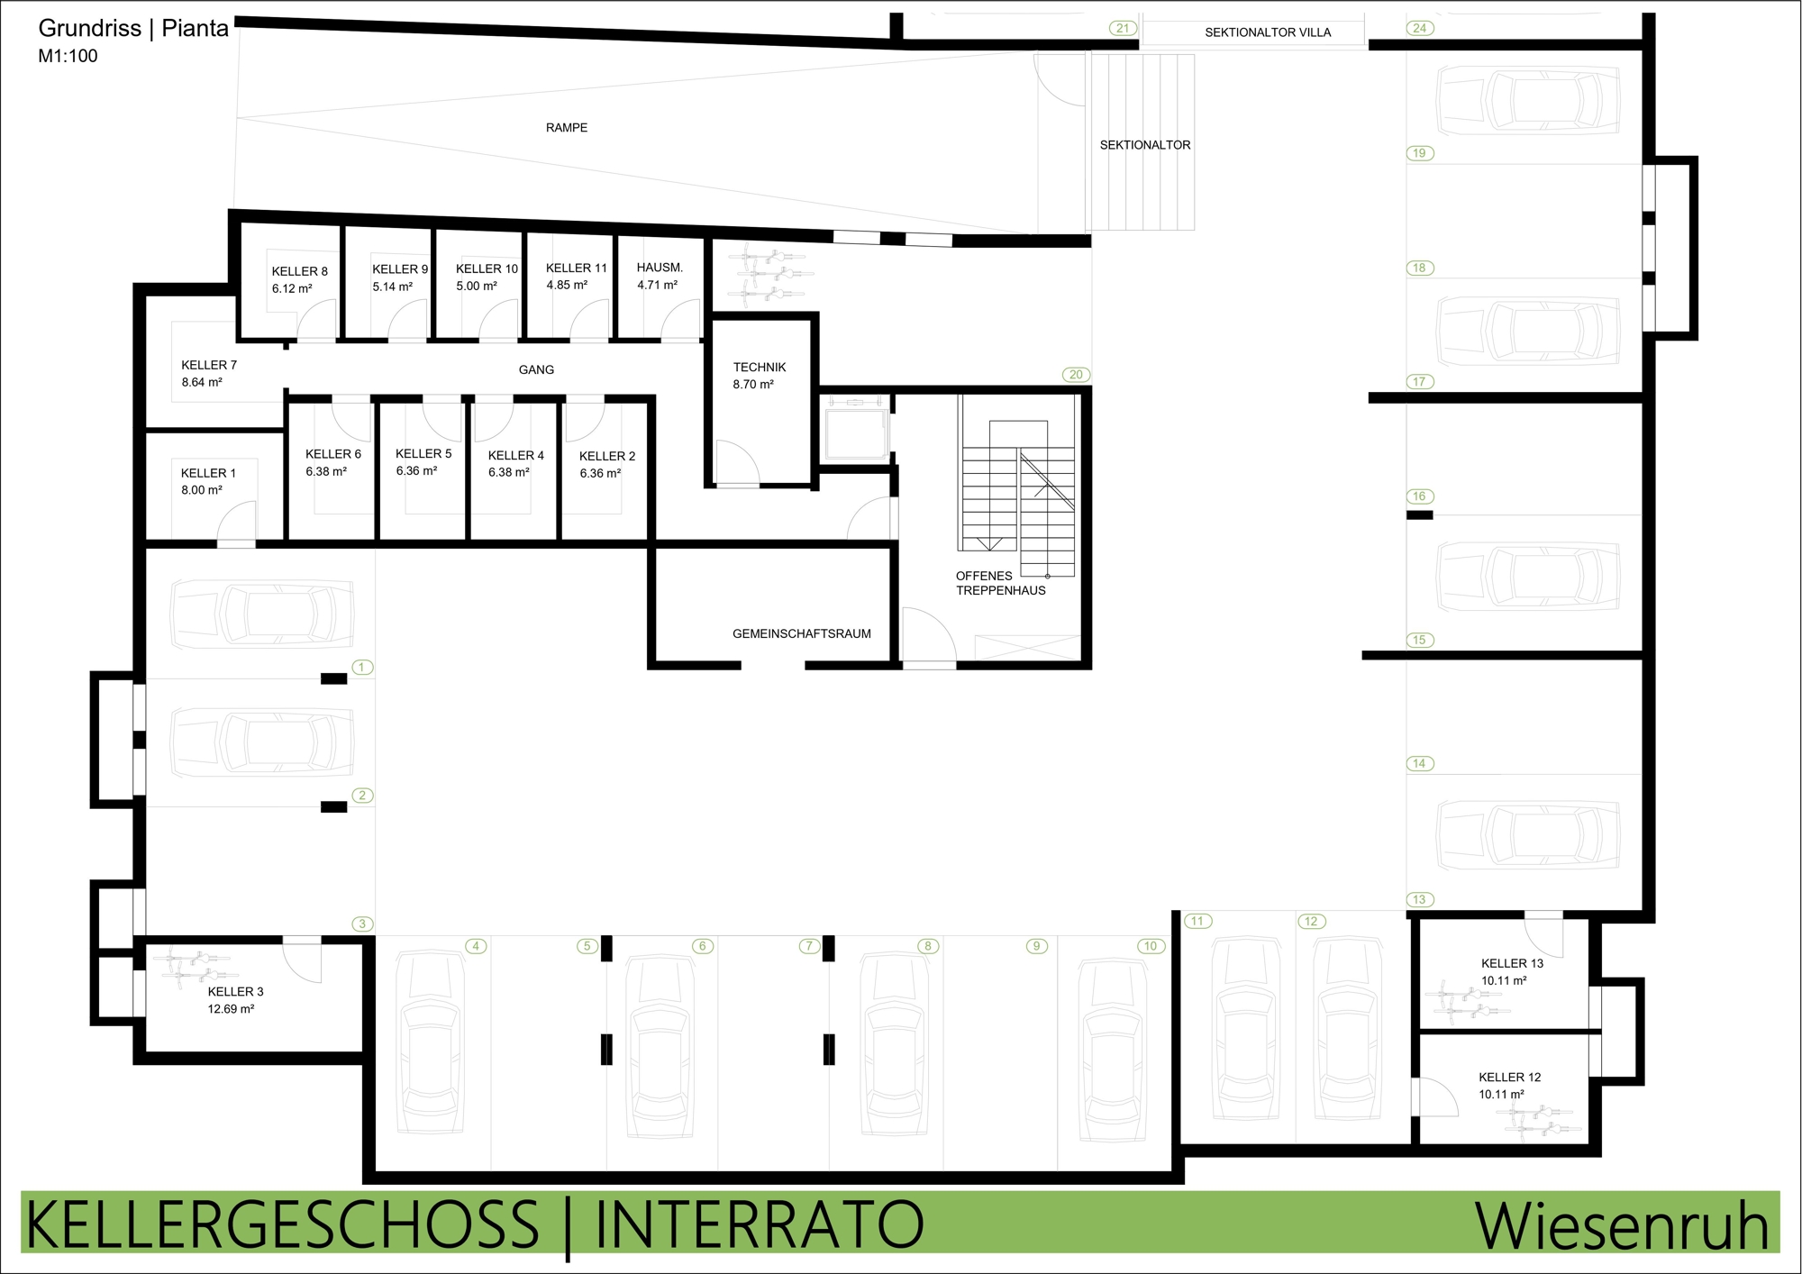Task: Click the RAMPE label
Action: (x=567, y=128)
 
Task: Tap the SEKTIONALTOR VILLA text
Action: (x=1268, y=32)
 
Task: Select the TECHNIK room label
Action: (x=760, y=368)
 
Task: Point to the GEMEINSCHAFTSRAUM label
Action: (x=802, y=633)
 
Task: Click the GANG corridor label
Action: (x=536, y=369)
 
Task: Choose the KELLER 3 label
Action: (x=236, y=992)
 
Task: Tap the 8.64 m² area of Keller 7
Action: (x=202, y=382)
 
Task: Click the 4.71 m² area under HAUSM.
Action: (x=658, y=285)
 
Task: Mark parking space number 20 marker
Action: (x=1077, y=375)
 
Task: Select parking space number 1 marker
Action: (x=362, y=668)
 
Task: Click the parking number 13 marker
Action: (x=1420, y=899)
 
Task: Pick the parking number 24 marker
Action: (x=1420, y=28)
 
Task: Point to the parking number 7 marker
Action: (x=809, y=946)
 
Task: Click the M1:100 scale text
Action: (x=68, y=56)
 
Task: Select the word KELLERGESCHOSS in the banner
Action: (x=282, y=1224)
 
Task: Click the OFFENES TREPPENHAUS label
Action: (x=1001, y=583)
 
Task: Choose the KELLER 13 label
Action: (x=1512, y=963)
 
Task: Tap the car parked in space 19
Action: (x=1528, y=101)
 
